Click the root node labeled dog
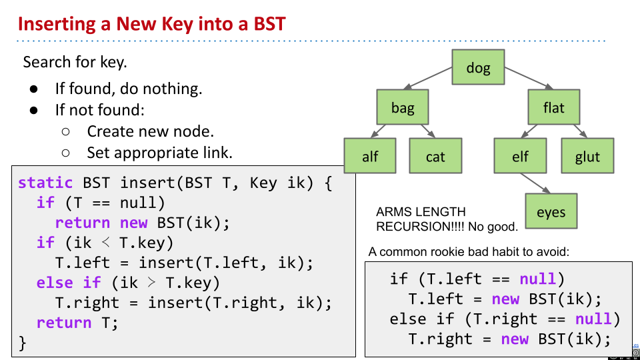point(478,67)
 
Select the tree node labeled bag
point(403,107)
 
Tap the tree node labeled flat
point(553,107)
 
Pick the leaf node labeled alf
point(370,157)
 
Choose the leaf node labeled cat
point(435,157)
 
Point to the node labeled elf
point(520,157)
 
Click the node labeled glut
point(587,157)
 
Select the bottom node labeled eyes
point(551,212)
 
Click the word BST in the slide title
point(269,25)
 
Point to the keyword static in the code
point(45,183)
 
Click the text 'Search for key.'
point(75,62)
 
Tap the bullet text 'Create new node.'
point(150,131)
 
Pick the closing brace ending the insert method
point(23,343)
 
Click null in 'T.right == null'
point(593,319)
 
